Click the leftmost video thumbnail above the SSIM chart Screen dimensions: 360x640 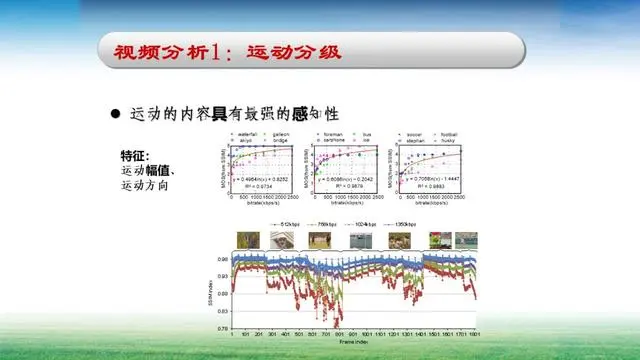246,240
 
